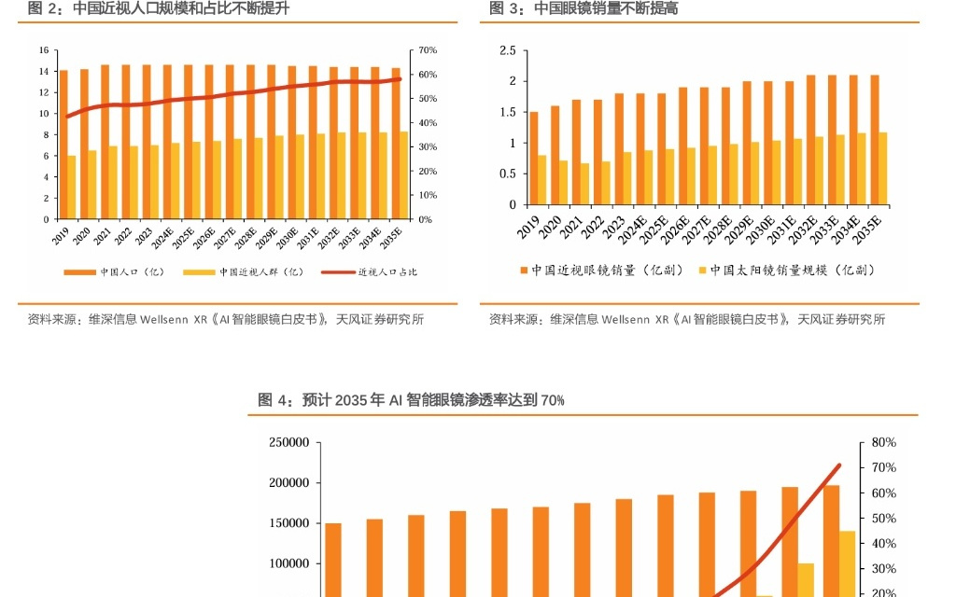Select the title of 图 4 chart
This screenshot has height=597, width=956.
click(x=411, y=400)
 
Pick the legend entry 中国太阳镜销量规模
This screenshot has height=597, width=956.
click(x=792, y=270)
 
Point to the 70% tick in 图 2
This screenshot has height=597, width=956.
click(x=428, y=49)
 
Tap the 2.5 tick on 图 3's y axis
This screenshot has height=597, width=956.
click(x=508, y=50)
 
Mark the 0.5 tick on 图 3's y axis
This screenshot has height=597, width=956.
click(x=508, y=174)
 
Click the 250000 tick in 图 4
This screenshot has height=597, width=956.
click(x=288, y=442)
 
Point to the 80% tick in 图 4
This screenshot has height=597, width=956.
click(x=883, y=442)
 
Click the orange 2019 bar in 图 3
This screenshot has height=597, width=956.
click(x=533, y=159)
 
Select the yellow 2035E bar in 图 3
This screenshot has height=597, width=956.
click(x=883, y=169)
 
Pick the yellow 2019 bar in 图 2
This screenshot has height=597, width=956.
click(x=72, y=187)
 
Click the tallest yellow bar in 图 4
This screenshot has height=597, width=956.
click(x=847, y=563)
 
